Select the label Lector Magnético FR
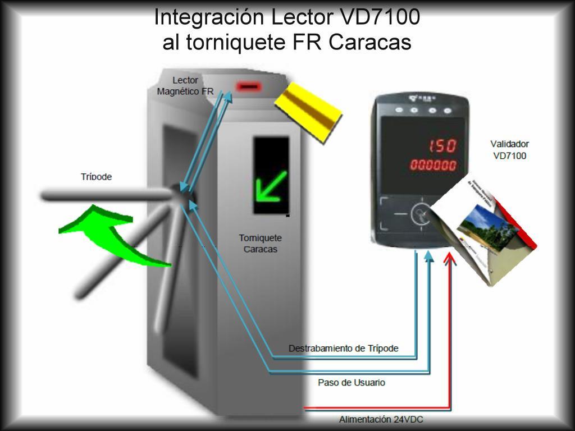[185, 86]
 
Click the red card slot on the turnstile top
[248, 87]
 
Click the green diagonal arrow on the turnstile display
[271, 185]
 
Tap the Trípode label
[97, 177]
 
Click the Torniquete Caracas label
[261, 244]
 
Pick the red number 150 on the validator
[442, 146]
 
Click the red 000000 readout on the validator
[433, 166]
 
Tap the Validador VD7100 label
[510, 150]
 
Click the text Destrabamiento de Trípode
[344, 349]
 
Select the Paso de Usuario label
[352, 383]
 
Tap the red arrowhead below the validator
[449, 259]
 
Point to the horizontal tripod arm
[107, 196]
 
